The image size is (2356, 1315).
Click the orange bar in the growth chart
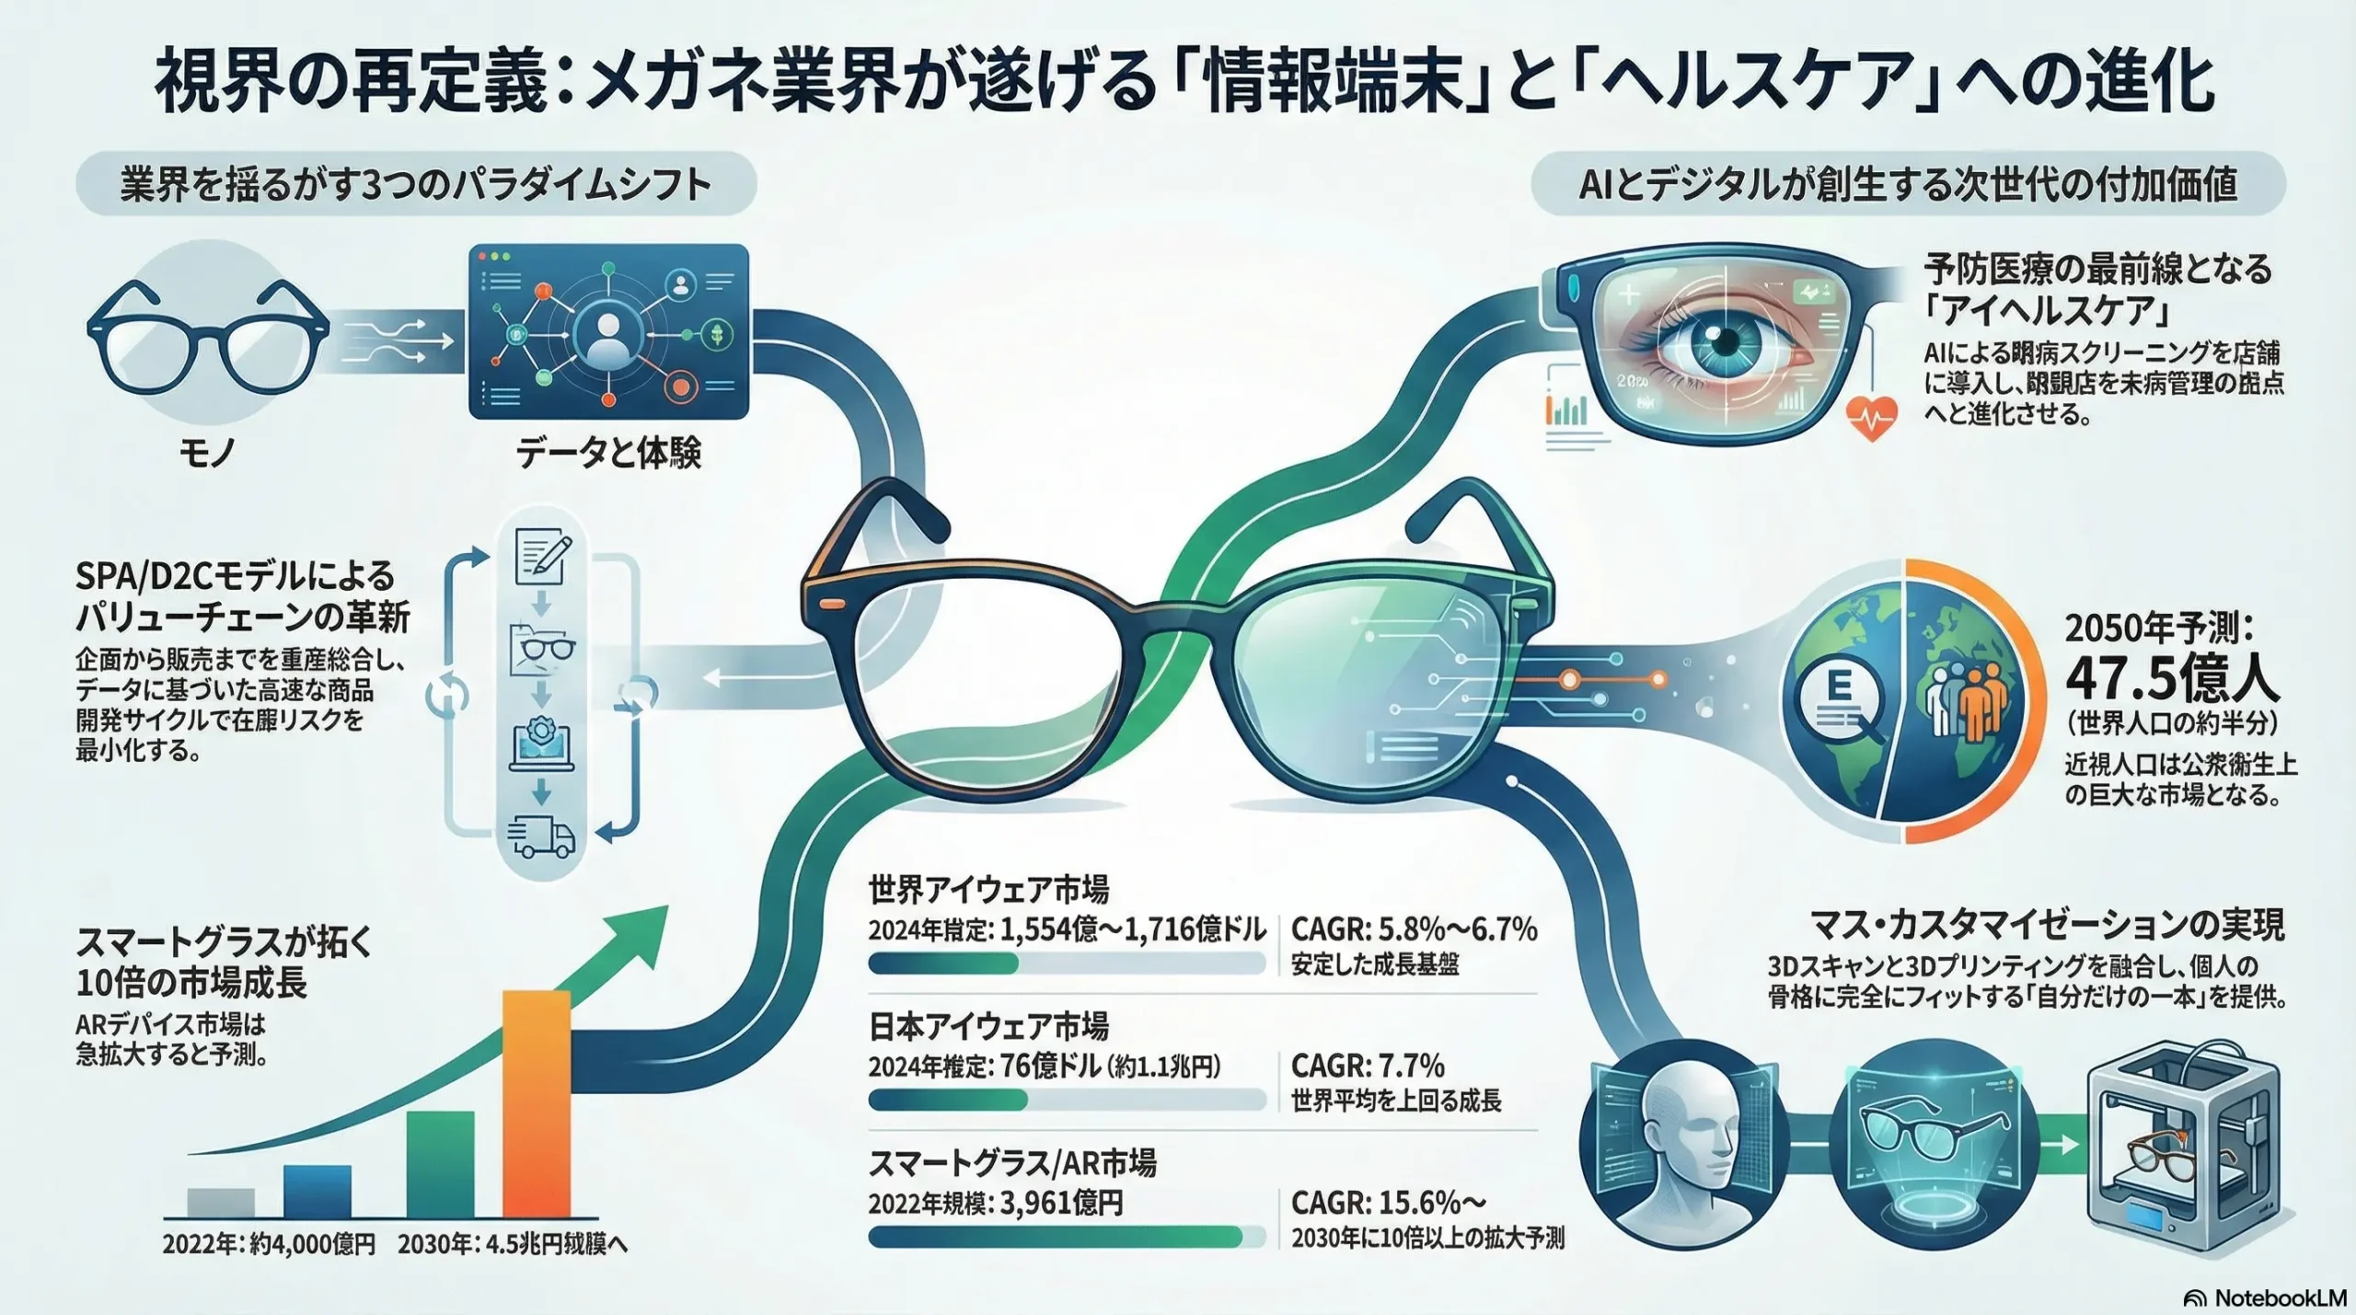(537, 1104)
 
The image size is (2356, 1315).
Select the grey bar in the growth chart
(220, 1202)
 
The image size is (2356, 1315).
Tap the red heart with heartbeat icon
(1871, 419)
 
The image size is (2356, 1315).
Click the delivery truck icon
(541, 836)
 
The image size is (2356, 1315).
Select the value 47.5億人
(2172, 679)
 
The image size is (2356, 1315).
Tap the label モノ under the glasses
(207, 452)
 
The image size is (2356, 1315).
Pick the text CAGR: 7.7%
(1368, 1066)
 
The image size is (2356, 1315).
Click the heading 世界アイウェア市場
(988, 890)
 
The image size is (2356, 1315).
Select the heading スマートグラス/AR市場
(1012, 1163)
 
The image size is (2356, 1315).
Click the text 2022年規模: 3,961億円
(995, 1203)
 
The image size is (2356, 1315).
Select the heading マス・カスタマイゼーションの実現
(2046, 924)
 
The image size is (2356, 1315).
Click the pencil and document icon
(542, 556)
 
